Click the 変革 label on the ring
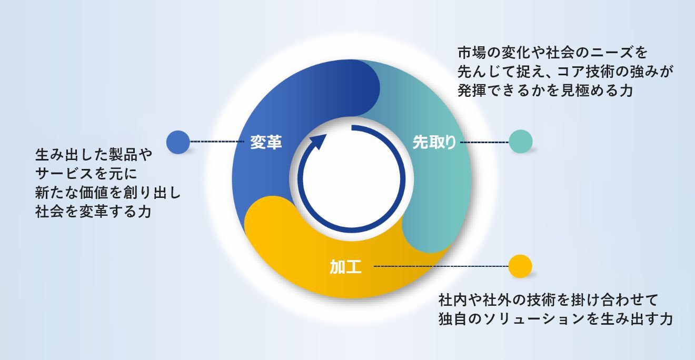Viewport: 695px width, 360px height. click(266, 142)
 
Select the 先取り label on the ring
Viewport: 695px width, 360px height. click(434, 142)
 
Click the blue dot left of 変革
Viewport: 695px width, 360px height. click(178, 142)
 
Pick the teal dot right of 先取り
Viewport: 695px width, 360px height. click(521, 142)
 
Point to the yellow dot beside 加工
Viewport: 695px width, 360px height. click(520, 266)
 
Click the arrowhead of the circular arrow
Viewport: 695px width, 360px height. click(318, 142)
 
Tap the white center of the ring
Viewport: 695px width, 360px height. click(351, 177)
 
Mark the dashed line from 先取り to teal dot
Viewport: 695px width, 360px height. click(484, 142)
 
